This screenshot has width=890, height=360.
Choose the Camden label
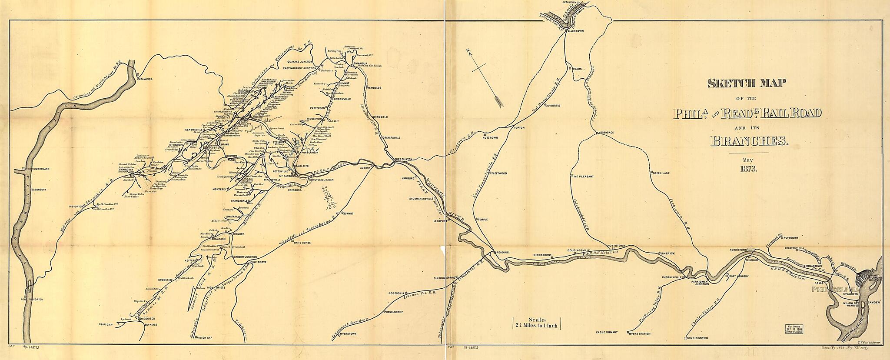pos(873,302)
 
